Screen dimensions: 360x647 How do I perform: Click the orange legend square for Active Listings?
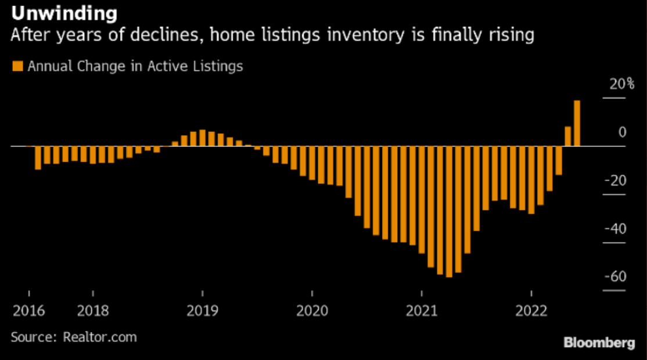pyautogui.click(x=16, y=66)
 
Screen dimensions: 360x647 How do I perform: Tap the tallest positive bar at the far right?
pyautogui.click(x=577, y=123)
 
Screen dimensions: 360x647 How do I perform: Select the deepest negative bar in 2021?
pyautogui.click(x=448, y=211)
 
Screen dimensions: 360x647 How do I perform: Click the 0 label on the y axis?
pyautogui.click(x=622, y=132)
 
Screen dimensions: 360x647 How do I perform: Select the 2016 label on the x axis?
pyautogui.click(x=28, y=311)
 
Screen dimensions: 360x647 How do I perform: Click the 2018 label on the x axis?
pyautogui.click(x=93, y=311)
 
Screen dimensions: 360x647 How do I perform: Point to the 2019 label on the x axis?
pyautogui.click(x=202, y=311)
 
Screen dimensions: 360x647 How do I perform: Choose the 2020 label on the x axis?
pyautogui.click(x=312, y=311)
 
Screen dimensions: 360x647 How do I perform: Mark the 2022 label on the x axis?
pyautogui.click(x=531, y=311)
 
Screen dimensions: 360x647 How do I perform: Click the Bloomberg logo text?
pyautogui.click(x=599, y=343)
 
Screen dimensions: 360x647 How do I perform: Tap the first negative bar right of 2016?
pyautogui.click(x=38, y=158)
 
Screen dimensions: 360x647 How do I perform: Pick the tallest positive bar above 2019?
pyautogui.click(x=202, y=138)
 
